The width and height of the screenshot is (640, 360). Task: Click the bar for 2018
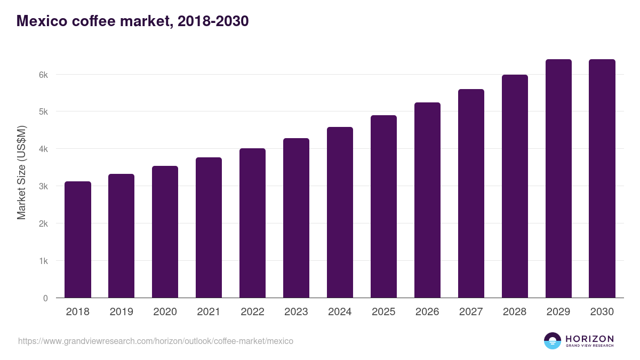[78, 239]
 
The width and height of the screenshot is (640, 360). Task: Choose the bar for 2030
[602, 179]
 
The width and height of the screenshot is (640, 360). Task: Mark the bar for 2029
[558, 179]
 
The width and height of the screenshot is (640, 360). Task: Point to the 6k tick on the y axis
[43, 75]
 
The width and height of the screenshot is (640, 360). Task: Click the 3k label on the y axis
[43, 187]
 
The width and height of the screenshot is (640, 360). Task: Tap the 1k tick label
[43, 261]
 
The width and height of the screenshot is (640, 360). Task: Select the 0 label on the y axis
[45, 299]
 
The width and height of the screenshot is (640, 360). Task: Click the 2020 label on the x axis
[165, 312]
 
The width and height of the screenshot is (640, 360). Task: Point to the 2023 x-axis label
[296, 312]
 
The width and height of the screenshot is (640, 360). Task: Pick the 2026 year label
[427, 312]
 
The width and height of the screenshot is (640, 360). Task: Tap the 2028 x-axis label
[515, 312]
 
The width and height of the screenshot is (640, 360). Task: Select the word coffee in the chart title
[85, 21]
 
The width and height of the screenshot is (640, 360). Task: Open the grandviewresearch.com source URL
[155, 341]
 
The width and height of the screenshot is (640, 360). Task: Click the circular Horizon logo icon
[553, 341]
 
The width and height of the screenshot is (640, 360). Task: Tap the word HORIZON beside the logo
[589, 339]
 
